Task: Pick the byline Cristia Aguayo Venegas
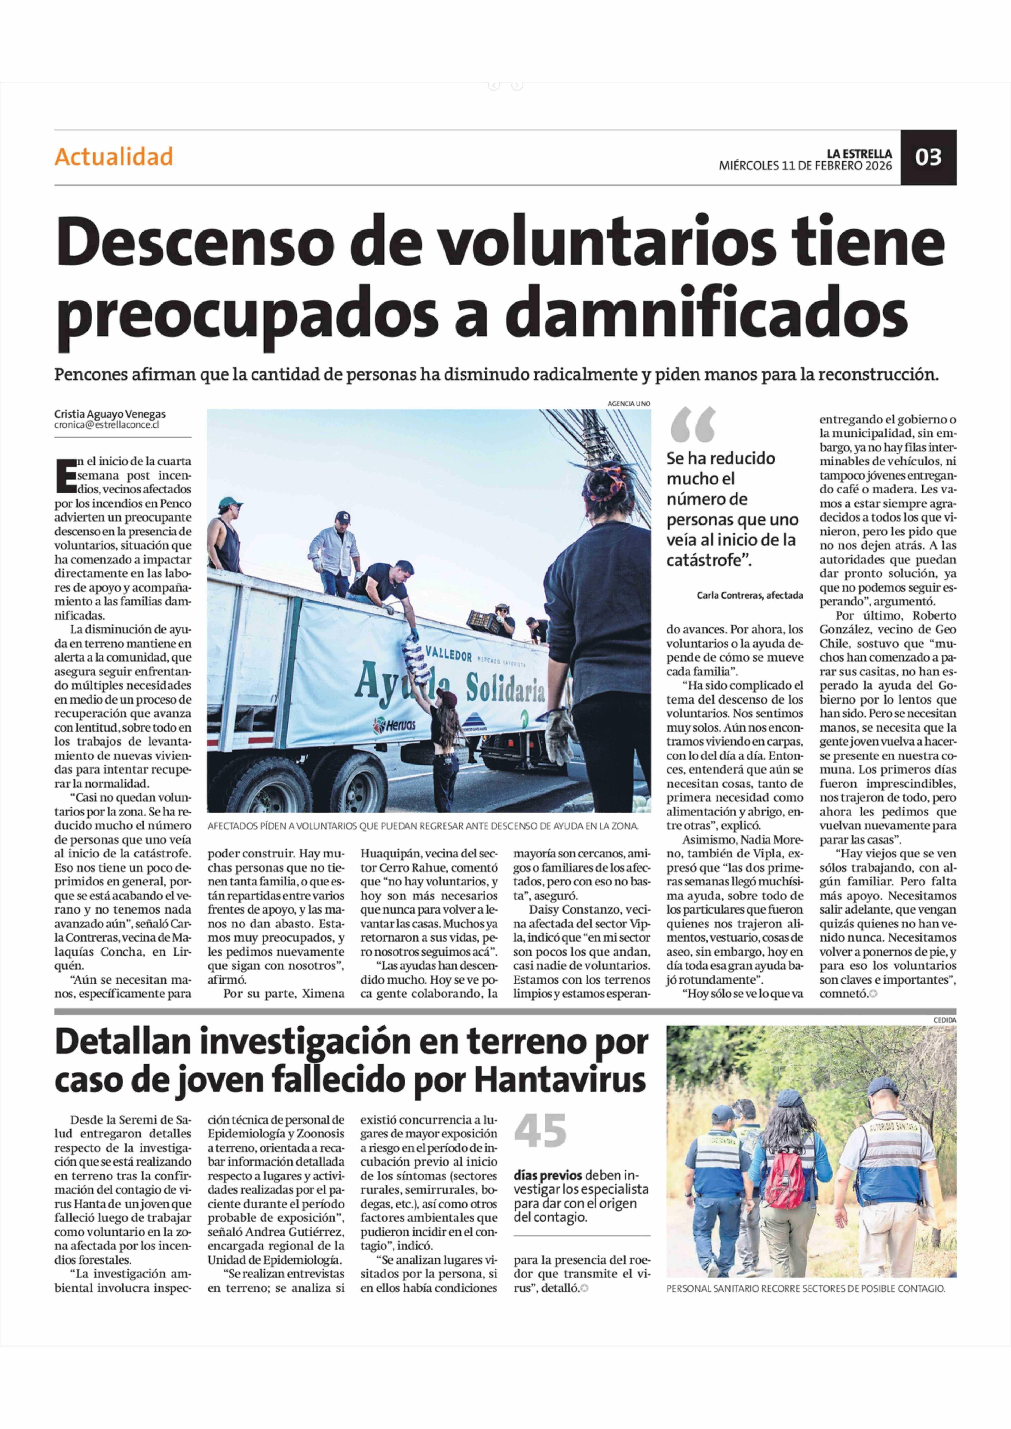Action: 110,414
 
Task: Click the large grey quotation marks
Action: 692,425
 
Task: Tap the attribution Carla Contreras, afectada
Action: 750,595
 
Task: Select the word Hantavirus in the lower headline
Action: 560,1080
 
